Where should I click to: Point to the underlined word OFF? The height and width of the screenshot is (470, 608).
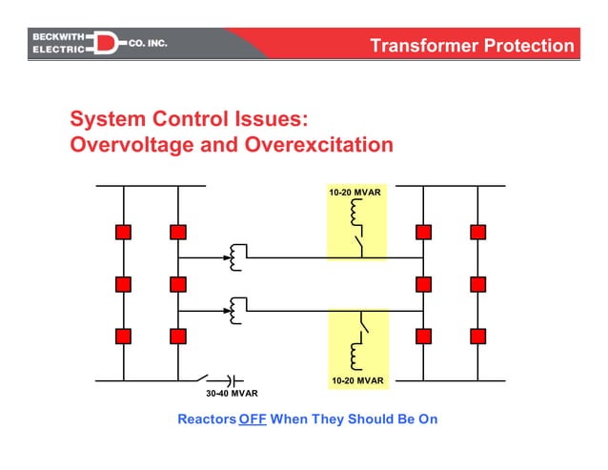[253, 419]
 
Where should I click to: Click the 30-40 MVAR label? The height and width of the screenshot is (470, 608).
[232, 393]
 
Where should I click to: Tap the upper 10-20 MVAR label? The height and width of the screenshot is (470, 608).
[355, 193]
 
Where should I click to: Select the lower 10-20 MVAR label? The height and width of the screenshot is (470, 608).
[357, 380]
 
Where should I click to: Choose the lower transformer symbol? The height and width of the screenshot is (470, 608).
[235, 310]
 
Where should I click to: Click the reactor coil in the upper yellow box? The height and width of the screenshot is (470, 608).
[356, 213]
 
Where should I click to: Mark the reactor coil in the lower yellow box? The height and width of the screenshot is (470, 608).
[356, 355]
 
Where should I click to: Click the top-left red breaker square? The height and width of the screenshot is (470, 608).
[123, 232]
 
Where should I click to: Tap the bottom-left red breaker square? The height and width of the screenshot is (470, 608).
[123, 336]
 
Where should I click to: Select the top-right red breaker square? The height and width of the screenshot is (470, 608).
[477, 232]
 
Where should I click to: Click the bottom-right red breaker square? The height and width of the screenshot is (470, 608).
[477, 336]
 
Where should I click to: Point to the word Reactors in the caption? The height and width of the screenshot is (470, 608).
[206, 419]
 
